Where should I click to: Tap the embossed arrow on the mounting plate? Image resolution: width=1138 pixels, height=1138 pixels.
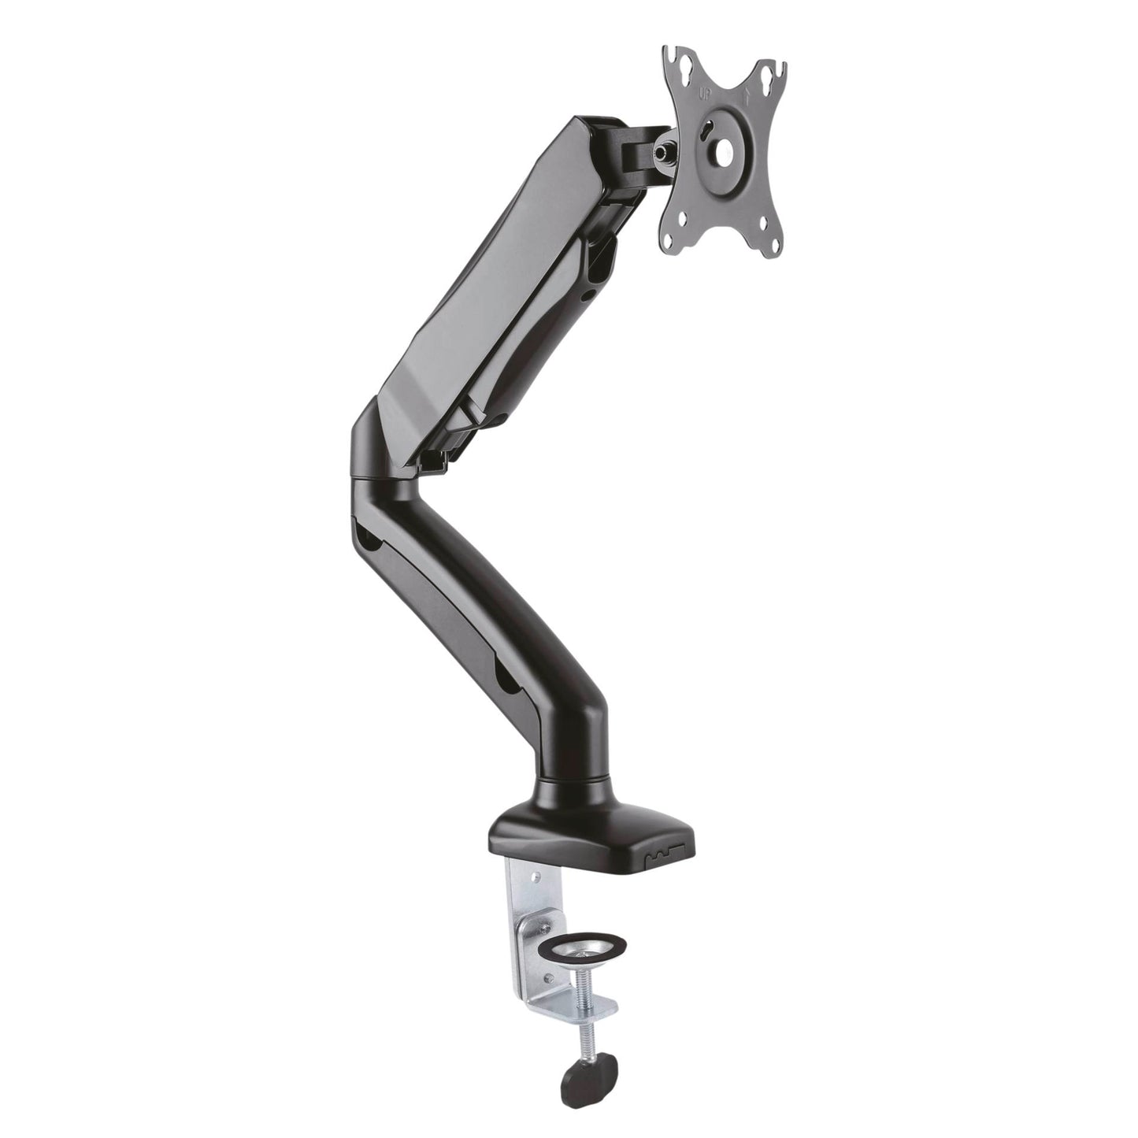747,98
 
